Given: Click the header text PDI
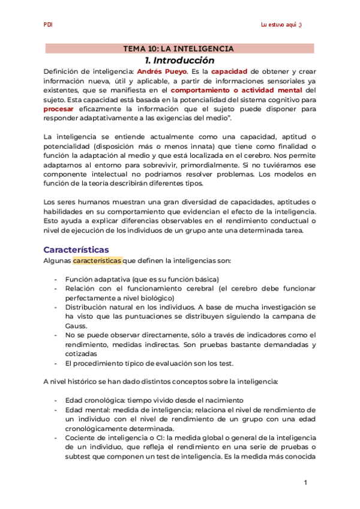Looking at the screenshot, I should click(x=48, y=25).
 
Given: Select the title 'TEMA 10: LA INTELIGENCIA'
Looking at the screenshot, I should click(x=178, y=49).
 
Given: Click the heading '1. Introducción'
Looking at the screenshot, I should click(x=179, y=61).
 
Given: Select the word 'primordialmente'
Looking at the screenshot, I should click(x=235, y=166).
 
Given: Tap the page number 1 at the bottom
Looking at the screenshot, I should click(x=305, y=483).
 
